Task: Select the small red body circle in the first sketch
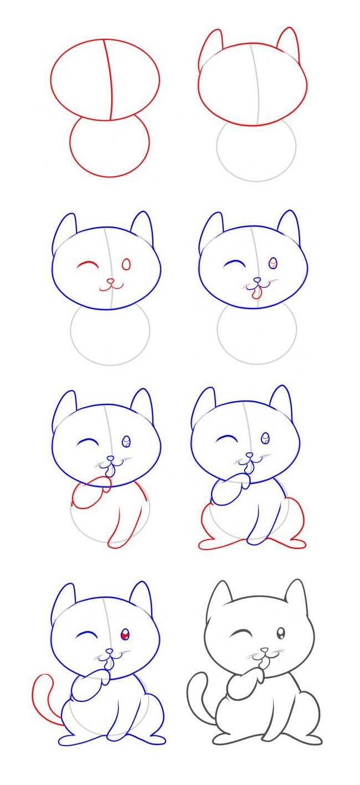pyautogui.click(x=110, y=146)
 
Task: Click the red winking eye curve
pyautogui.click(x=88, y=266)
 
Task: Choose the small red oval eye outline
pyautogui.click(x=126, y=265)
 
